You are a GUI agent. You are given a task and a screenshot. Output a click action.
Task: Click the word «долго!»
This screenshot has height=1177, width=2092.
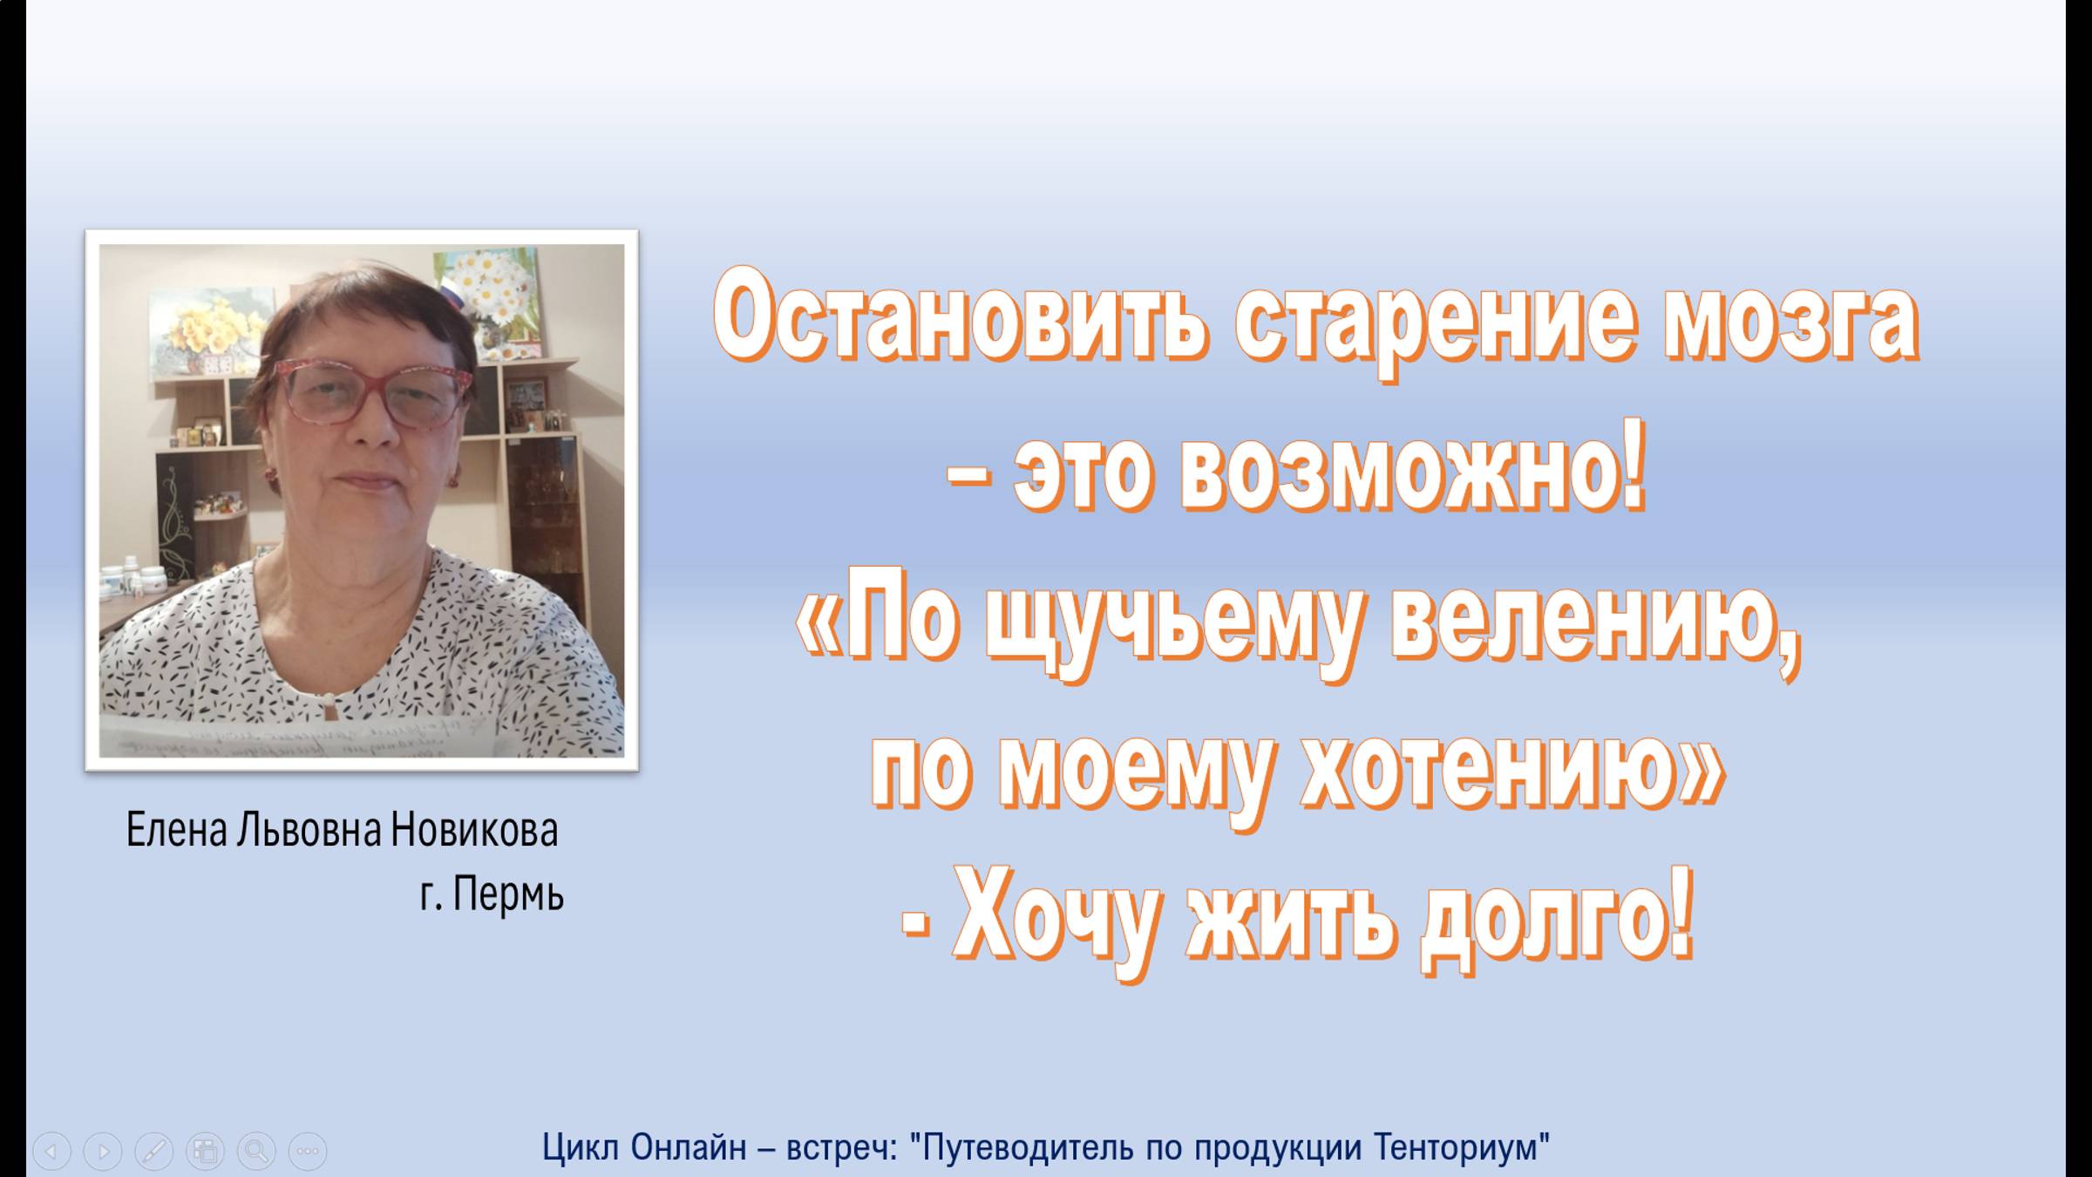(x=1557, y=921)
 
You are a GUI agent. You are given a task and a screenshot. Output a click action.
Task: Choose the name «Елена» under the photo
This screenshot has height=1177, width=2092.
(x=178, y=830)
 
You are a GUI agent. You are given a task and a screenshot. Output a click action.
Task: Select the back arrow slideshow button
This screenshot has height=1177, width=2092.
(x=51, y=1151)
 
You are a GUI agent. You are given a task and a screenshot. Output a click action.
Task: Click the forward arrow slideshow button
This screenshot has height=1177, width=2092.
(x=102, y=1151)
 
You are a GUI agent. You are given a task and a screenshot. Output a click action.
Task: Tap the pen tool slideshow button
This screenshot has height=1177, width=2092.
(x=153, y=1151)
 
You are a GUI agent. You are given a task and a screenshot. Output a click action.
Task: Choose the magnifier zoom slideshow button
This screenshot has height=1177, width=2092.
(x=256, y=1151)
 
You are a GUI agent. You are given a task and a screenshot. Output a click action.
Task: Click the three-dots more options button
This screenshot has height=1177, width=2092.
(x=307, y=1151)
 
